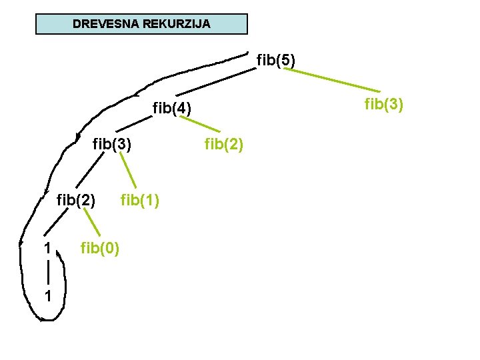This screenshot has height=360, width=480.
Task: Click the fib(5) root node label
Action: [x=276, y=61]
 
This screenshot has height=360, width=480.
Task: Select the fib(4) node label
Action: [x=172, y=107]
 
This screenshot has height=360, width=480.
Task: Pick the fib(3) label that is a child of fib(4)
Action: [x=112, y=143]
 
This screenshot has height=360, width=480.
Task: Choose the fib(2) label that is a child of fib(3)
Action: [x=76, y=199]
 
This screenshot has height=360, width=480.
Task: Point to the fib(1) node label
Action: [x=139, y=199]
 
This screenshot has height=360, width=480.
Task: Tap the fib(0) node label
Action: [x=100, y=249]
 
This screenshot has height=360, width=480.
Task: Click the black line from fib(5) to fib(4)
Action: [x=217, y=83]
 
